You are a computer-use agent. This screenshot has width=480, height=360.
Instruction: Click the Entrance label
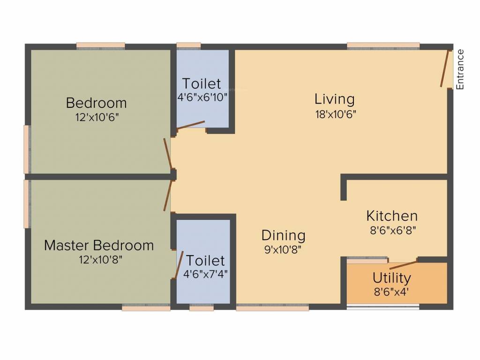460,69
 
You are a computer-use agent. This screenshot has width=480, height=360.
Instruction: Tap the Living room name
334,99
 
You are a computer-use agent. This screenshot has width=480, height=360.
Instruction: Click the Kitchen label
392,216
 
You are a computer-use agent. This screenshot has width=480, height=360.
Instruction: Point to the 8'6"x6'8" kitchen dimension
392,230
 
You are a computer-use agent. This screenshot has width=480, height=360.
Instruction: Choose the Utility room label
392,278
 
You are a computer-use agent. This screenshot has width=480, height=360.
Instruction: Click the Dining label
283,235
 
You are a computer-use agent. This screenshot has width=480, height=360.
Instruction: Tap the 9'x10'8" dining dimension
283,249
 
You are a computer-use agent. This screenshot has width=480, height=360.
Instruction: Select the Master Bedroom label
99,245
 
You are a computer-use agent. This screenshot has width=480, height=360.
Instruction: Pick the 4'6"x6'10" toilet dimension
202,97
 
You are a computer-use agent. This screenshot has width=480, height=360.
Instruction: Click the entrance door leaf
445,69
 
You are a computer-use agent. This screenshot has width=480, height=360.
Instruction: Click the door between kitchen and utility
403,263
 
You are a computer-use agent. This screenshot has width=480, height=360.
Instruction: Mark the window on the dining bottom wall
272,308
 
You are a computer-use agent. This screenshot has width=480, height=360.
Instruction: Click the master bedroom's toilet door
179,265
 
